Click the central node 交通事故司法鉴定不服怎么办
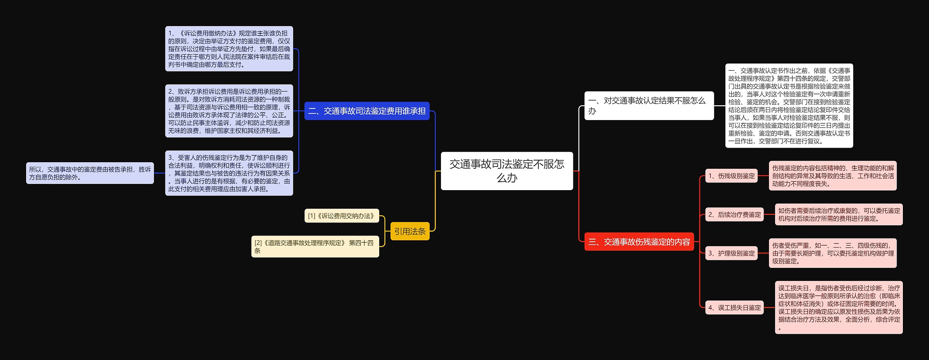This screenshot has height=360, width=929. click(507, 171)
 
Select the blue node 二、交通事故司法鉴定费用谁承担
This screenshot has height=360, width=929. click(367, 111)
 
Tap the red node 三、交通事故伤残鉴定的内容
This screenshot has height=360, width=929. click(639, 242)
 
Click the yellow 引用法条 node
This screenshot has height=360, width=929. click(410, 231)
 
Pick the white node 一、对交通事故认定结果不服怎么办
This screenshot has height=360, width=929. click(648, 106)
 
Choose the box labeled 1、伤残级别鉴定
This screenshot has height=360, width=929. click(731, 176)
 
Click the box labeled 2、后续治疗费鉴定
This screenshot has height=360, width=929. click(734, 214)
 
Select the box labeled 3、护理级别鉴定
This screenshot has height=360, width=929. click(731, 253)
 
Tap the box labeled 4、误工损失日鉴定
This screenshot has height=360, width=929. click(734, 308)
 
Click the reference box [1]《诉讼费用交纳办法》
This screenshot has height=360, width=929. click(341, 216)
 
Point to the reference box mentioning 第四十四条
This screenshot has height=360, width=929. click(315, 247)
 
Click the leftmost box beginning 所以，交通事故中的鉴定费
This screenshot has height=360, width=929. click(90, 173)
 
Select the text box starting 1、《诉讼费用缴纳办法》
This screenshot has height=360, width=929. click(229, 49)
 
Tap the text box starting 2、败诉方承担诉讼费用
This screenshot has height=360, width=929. click(229, 111)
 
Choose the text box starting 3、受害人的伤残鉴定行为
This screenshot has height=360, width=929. click(229, 173)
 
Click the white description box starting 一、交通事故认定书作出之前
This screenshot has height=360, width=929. click(789, 106)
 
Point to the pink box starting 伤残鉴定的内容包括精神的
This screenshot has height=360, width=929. click(832, 176)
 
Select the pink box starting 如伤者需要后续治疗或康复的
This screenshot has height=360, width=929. click(839, 214)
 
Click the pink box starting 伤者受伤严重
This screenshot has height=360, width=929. click(832, 253)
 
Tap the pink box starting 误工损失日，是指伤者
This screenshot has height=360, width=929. click(839, 308)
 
